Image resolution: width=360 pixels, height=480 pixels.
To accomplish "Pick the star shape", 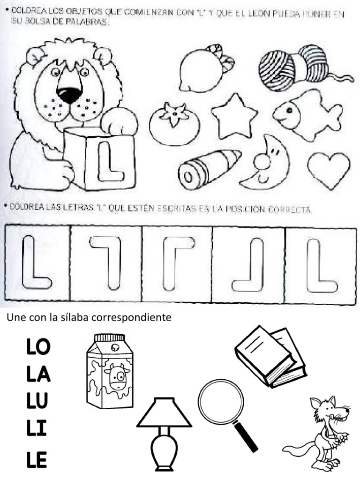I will click(x=234, y=115).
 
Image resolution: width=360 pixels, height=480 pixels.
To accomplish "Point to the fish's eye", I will click(x=289, y=111).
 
